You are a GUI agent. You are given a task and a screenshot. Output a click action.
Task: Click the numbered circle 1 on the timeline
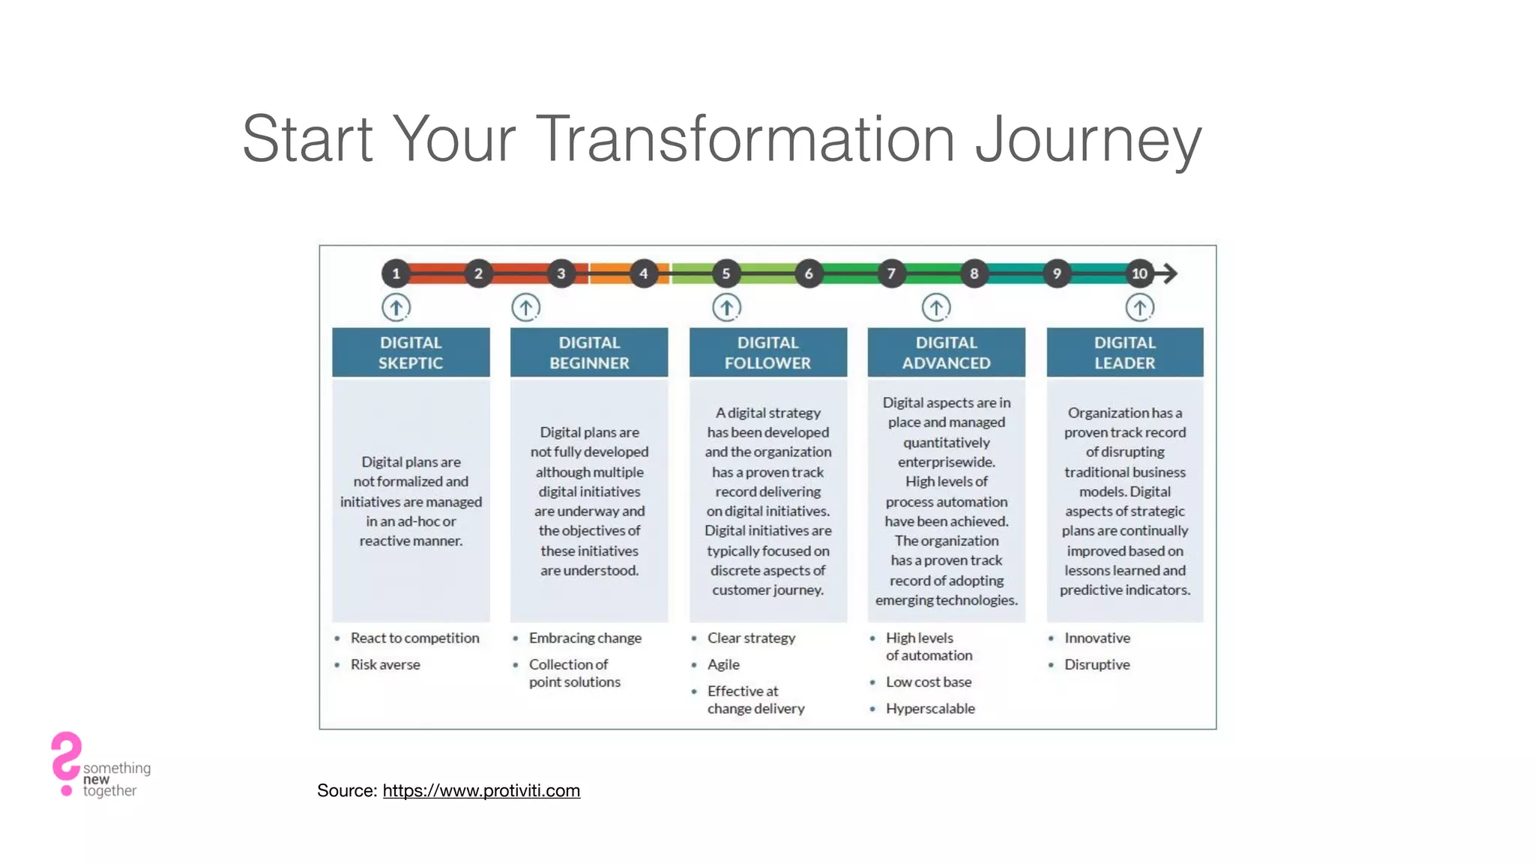click(x=396, y=273)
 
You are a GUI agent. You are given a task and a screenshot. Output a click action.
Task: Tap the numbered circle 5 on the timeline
click(x=726, y=273)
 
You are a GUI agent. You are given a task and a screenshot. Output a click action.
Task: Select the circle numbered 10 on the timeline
click(x=1139, y=273)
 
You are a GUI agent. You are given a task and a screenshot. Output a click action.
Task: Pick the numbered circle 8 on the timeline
click(x=974, y=273)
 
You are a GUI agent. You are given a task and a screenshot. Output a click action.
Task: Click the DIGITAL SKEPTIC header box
click(x=411, y=352)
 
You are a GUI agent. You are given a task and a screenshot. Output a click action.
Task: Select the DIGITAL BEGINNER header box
click(x=589, y=352)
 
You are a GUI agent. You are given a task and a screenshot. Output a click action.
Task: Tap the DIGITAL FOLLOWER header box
click(x=767, y=352)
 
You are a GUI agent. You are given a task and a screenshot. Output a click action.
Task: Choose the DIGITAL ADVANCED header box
click(x=946, y=352)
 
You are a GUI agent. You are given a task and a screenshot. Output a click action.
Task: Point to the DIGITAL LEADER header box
click(x=1124, y=352)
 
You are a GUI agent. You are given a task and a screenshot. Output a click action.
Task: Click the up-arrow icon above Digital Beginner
click(x=526, y=307)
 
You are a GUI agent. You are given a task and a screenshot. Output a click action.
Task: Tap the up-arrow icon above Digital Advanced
click(x=936, y=307)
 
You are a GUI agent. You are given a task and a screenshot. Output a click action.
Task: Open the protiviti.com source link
click(x=481, y=790)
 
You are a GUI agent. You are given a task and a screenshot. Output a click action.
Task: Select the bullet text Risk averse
click(x=385, y=664)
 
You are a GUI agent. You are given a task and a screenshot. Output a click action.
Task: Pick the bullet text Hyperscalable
click(x=930, y=709)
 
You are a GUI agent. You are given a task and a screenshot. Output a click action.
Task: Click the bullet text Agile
click(x=723, y=664)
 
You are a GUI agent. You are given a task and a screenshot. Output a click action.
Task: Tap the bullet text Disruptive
click(x=1097, y=664)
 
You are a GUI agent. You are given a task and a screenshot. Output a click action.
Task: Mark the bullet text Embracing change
click(x=585, y=638)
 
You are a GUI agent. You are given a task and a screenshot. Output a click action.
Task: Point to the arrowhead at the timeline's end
click(x=1170, y=273)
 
